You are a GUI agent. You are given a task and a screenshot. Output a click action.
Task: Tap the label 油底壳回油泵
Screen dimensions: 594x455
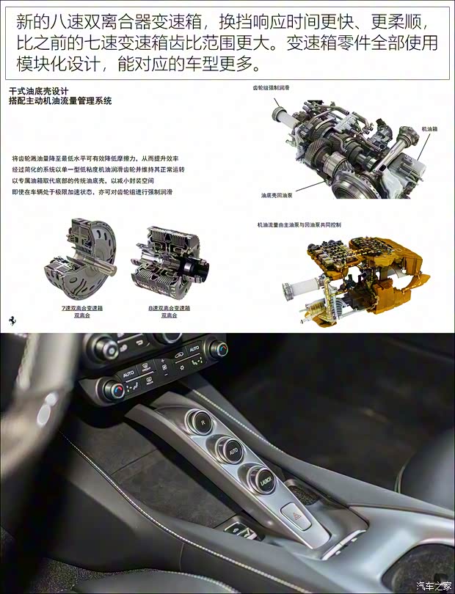[277, 196]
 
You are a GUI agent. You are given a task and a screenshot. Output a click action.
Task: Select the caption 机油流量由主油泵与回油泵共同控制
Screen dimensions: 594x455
[299, 224]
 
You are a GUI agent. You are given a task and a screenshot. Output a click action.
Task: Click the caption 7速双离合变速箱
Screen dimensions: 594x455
[82, 308]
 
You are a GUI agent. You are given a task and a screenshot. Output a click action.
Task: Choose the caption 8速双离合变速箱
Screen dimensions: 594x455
[169, 308]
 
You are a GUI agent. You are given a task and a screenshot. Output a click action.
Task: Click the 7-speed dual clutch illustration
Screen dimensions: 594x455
[79, 261]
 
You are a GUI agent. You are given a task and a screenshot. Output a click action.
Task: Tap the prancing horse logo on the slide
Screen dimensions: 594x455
[12, 320]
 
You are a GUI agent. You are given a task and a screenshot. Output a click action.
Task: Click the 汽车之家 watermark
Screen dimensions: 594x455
[434, 585]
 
